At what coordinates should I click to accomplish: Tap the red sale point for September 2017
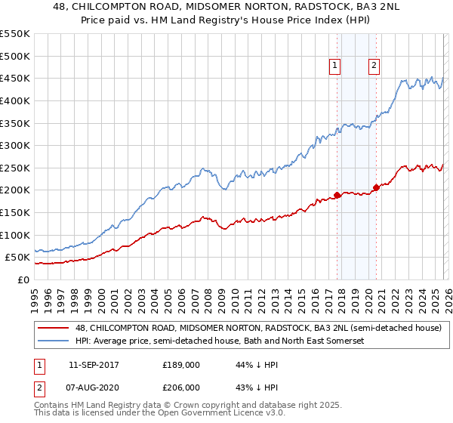click(337, 195)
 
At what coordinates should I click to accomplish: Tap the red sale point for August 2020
click(375, 187)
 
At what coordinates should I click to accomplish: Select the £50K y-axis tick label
click(18, 258)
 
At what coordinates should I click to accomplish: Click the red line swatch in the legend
click(54, 328)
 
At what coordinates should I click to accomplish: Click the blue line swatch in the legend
click(54, 341)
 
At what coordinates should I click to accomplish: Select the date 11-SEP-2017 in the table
click(93, 365)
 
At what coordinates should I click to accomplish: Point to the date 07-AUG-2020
click(93, 386)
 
